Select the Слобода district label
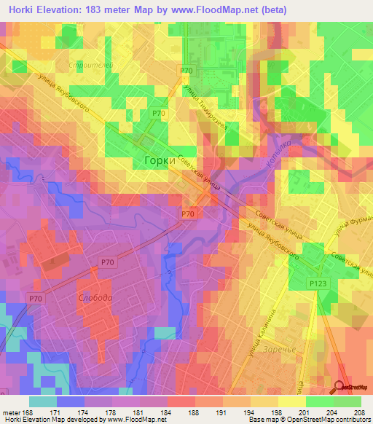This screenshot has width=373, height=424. pos(95,298)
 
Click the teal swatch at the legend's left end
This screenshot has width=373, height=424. pos(42,401)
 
